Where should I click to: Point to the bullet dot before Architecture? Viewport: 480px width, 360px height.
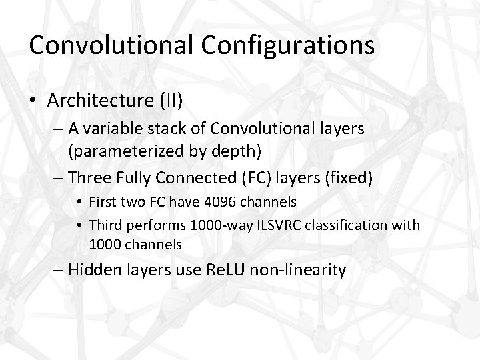[x=33, y=101]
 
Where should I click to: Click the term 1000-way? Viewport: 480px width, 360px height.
[x=215, y=225]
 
